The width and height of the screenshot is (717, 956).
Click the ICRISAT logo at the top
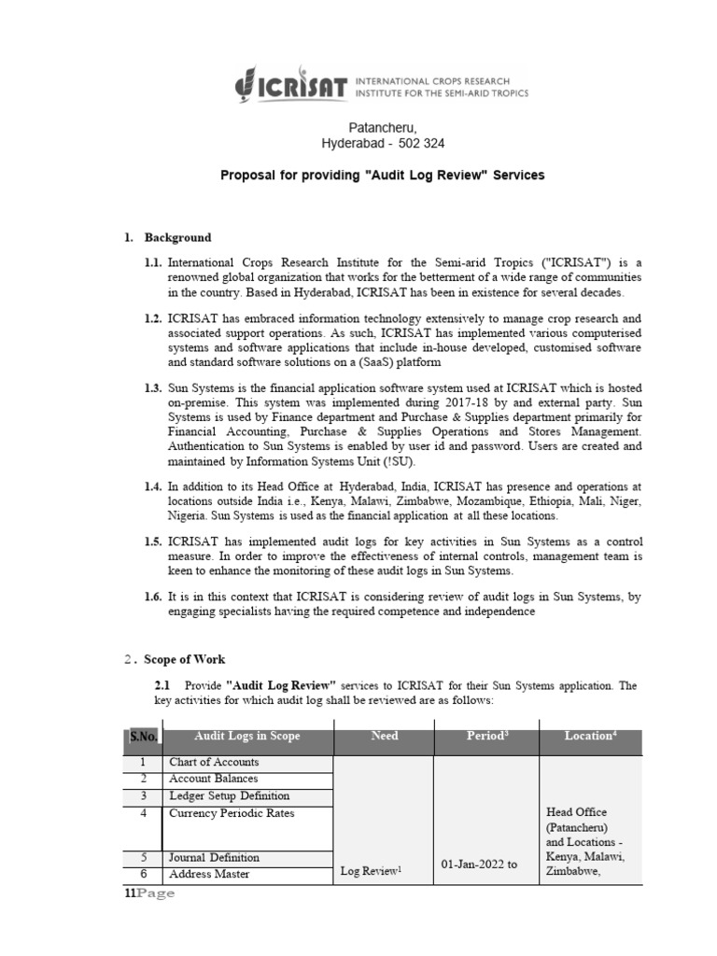pos(381,87)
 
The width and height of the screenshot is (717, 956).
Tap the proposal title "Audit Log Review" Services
pos(382,175)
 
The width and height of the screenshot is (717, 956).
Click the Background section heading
pos(177,237)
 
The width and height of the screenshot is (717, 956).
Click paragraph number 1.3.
pos(153,387)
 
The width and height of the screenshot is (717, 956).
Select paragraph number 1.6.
pos(153,597)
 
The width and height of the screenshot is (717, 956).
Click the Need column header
pos(384,737)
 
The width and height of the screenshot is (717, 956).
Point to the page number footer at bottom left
pos(149,894)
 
